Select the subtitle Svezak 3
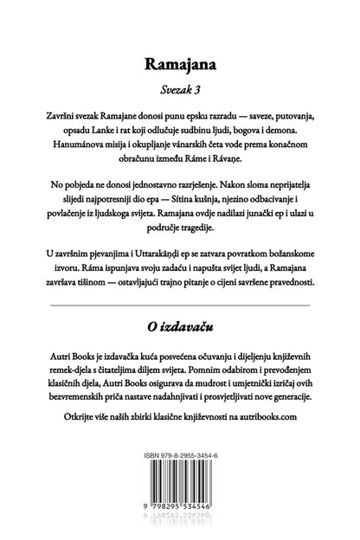[x=179, y=89]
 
